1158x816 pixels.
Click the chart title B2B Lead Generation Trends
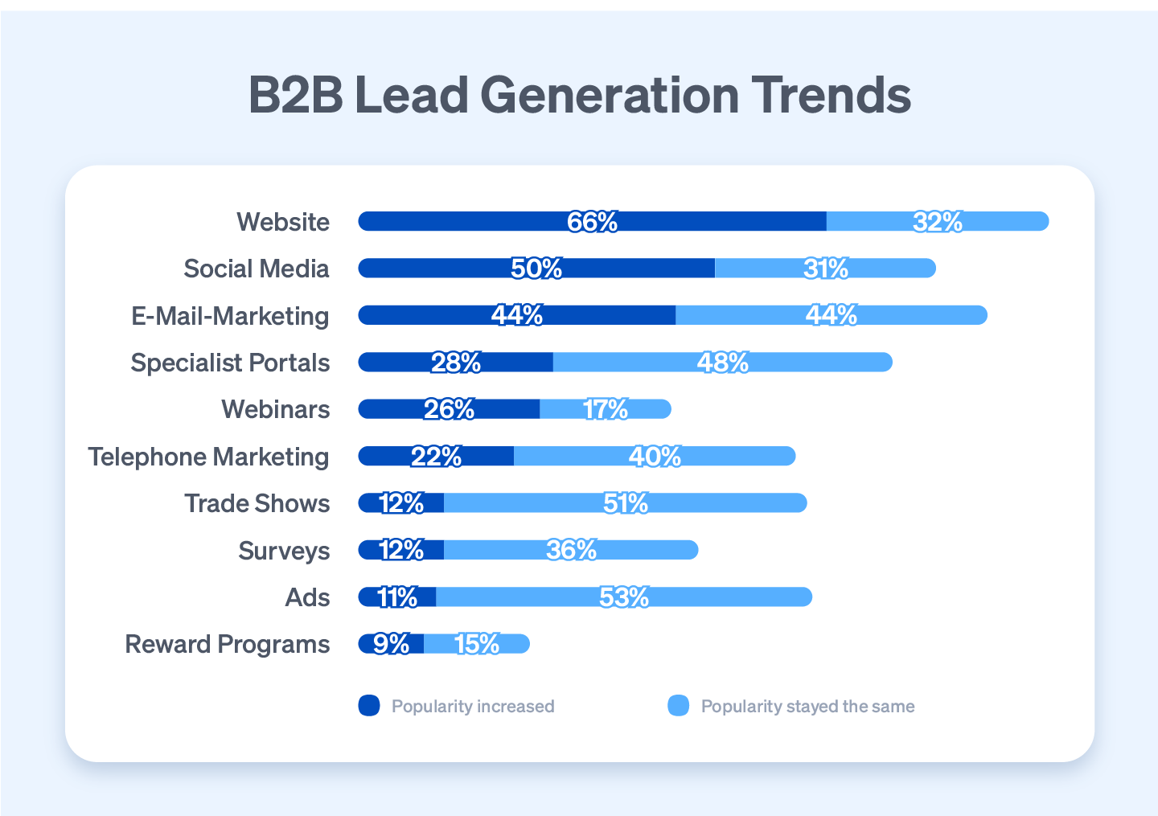point(579,95)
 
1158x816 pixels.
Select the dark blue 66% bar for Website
point(592,221)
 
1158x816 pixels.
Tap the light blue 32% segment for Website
point(938,221)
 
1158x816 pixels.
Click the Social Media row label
point(256,269)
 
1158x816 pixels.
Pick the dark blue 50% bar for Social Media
point(536,269)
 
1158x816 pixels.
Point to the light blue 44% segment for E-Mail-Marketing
point(831,315)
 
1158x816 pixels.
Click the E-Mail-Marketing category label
point(230,316)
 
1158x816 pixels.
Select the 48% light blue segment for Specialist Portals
point(722,363)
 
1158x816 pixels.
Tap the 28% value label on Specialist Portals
point(456,363)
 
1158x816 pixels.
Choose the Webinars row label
point(275,409)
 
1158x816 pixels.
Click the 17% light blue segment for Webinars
point(606,409)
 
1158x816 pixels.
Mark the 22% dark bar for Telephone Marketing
point(436,457)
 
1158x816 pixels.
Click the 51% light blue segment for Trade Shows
point(625,503)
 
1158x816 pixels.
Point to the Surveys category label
point(284,551)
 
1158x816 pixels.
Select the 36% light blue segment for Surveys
point(571,550)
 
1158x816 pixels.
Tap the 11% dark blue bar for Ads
point(397,597)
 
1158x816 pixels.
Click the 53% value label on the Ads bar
point(624,597)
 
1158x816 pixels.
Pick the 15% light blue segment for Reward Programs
point(477,644)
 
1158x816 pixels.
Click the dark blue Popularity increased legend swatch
point(369,706)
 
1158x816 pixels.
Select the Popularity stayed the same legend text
point(807,707)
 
